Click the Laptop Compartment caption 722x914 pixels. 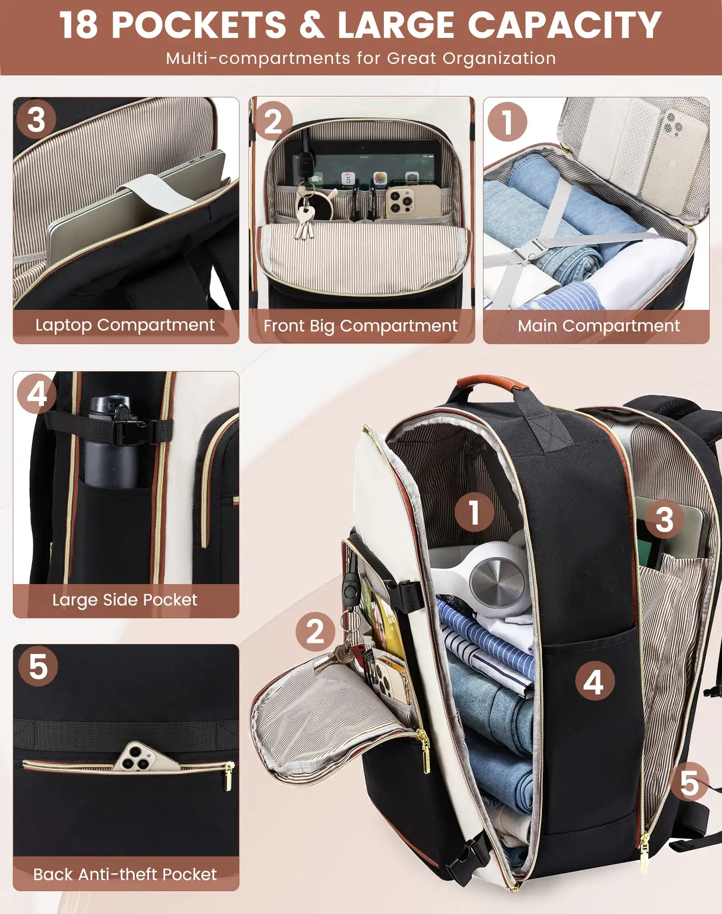125,325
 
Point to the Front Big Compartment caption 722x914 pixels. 361,326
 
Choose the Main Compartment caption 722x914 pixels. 599,326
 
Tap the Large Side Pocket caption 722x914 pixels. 125,600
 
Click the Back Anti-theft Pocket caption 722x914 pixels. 125,874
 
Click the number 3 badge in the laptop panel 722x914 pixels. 36,120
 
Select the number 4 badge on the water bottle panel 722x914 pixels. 37,393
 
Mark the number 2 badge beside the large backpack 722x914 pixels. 315,632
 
